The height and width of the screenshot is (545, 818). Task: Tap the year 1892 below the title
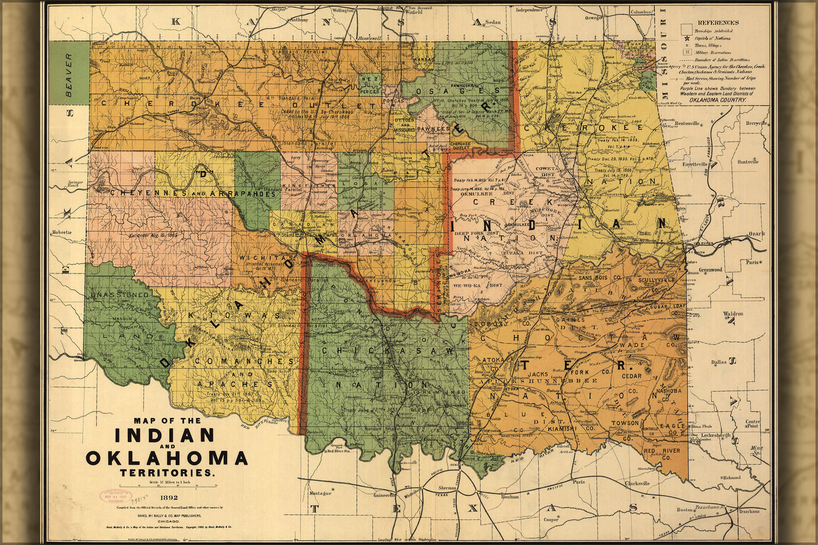(x=168, y=497)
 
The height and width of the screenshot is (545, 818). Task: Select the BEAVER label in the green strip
(x=69, y=75)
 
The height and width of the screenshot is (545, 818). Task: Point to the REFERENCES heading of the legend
(x=718, y=22)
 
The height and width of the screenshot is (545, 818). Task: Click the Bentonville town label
(x=687, y=124)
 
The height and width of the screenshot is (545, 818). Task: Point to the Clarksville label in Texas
(x=637, y=483)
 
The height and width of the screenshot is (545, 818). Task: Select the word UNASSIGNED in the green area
(x=120, y=294)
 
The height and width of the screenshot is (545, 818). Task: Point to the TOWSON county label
(x=625, y=423)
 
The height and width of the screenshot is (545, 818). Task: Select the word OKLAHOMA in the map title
(x=167, y=458)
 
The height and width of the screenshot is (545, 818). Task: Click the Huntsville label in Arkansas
(x=747, y=162)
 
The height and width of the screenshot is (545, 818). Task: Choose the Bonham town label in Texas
(x=510, y=497)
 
